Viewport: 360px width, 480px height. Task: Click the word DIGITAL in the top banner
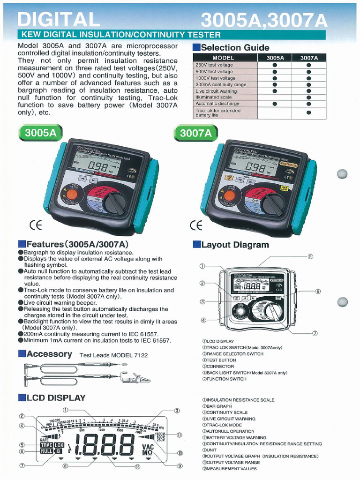point(59,19)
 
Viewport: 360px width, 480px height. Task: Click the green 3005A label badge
point(41,133)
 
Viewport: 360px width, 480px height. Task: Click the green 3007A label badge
point(196,133)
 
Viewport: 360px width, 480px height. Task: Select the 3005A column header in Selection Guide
point(275,58)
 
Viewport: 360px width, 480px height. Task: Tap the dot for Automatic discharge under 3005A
point(275,104)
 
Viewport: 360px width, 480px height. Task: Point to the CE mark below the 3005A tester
point(36,225)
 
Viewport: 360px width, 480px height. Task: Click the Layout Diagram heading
point(235,245)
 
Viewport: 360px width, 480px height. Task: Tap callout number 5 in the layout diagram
point(310,256)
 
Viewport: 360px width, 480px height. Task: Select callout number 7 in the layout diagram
point(315,333)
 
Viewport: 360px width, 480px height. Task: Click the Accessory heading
point(49,354)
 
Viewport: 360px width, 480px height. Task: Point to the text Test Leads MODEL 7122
point(113,355)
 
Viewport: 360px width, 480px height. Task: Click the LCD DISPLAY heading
point(56,398)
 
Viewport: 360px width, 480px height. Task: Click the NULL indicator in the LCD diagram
point(46,451)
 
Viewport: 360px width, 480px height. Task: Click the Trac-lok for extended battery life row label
point(218,112)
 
